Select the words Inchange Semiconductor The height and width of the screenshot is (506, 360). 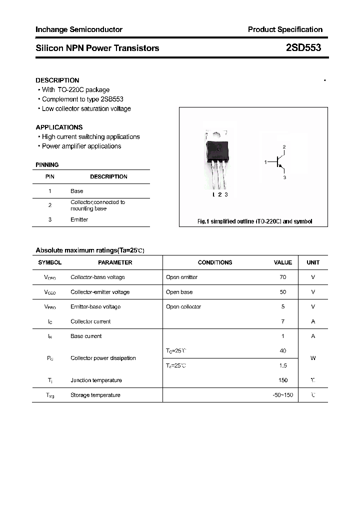click(79, 29)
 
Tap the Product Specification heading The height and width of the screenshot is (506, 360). click(285, 29)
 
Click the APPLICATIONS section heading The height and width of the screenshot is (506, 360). click(59, 127)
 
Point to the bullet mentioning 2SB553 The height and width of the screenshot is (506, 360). click(82, 99)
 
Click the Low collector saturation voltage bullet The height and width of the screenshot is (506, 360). click(86, 108)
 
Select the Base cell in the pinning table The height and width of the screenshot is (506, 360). click(77, 191)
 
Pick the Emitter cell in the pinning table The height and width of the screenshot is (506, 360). click(79, 219)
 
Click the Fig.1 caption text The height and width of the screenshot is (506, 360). click(254, 221)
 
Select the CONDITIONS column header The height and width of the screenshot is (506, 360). click(215, 262)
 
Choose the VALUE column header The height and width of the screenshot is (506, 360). click(283, 262)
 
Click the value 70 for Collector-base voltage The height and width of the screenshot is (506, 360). click(283, 277)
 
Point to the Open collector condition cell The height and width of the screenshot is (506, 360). click(183, 306)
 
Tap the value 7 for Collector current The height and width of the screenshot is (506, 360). click(283, 321)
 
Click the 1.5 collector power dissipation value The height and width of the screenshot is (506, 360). click(283, 365)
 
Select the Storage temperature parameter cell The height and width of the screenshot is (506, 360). click(95, 395)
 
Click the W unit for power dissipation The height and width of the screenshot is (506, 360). click(313, 358)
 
